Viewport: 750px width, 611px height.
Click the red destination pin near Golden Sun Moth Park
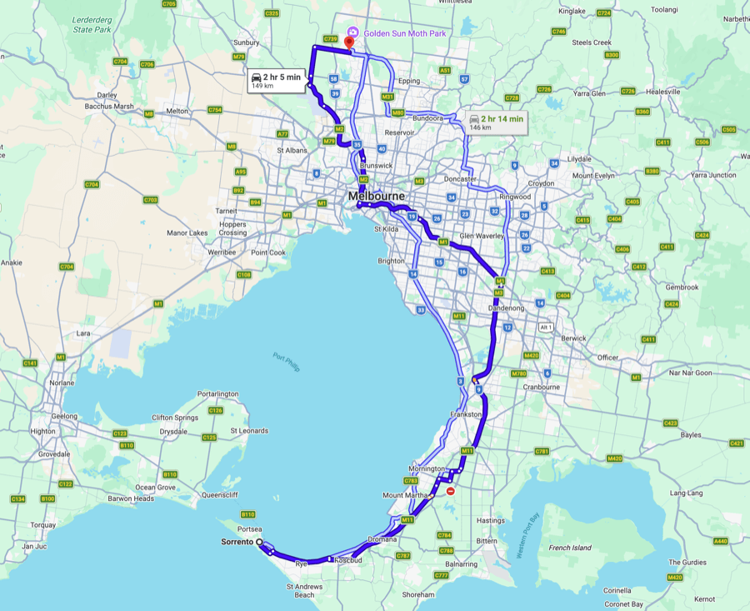pos(349,42)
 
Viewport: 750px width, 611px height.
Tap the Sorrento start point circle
pos(259,543)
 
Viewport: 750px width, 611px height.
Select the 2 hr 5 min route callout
pos(275,81)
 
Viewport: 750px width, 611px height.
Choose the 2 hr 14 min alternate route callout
pos(497,123)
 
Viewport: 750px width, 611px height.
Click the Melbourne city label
pos(377,197)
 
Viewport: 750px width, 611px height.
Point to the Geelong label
pos(63,415)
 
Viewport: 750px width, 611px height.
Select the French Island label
pos(571,548)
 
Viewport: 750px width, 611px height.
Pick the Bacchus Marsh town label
pos(110,107)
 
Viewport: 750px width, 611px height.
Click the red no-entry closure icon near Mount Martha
pos(451,492)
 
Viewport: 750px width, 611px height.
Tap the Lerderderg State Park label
pos(92,24)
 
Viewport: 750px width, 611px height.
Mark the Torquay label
pos(43,525)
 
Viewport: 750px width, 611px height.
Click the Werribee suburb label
pos(222,251)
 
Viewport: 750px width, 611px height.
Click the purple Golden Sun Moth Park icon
pos(353,32)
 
